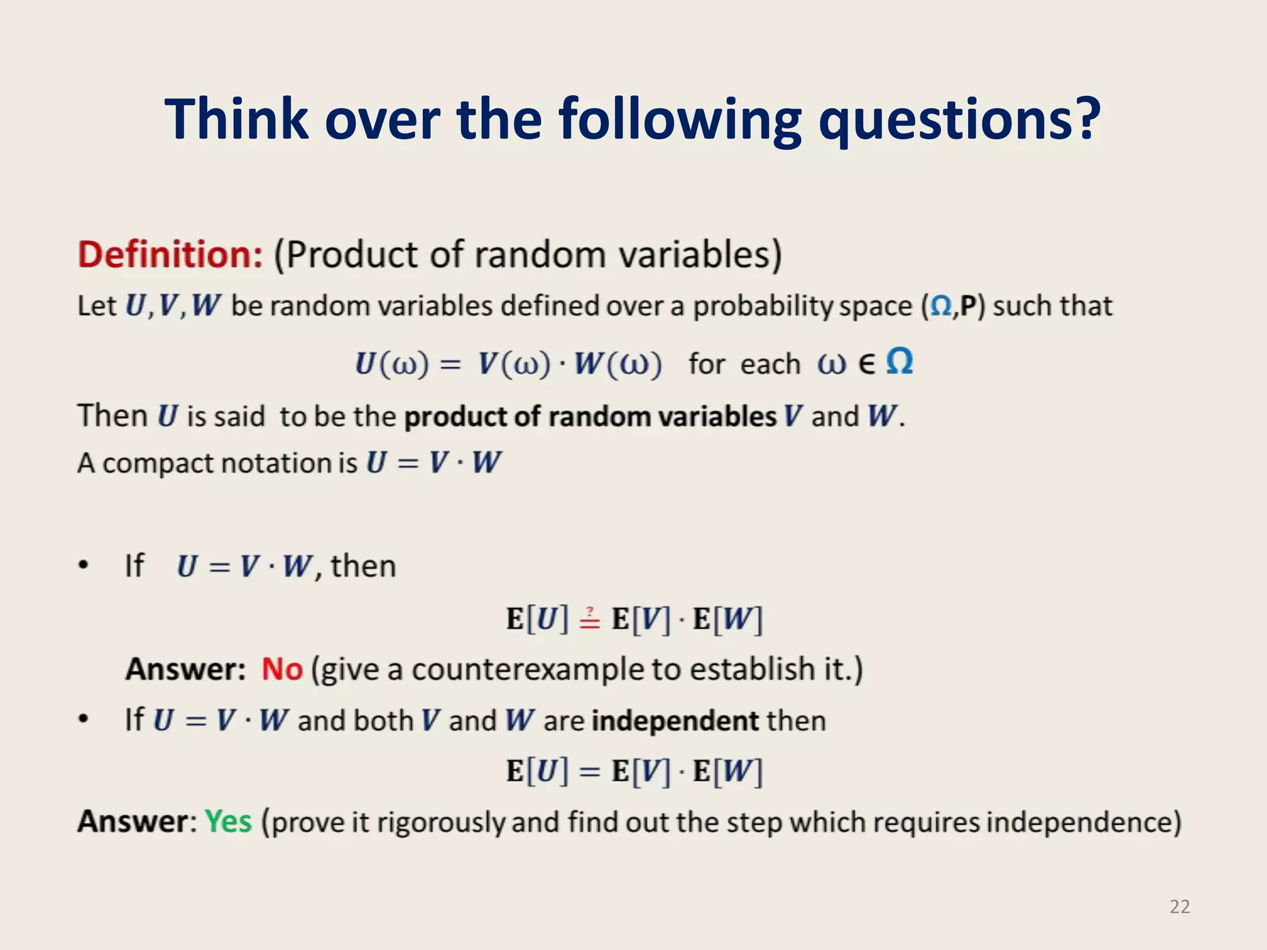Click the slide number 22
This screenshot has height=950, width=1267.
click(x=1179, y=907)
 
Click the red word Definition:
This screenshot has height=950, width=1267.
click(x=171, y=255)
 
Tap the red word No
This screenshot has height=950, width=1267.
click(x=282, y=669)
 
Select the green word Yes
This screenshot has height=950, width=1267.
click(x=228, y=822)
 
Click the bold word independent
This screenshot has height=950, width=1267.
click(x=675, y=721)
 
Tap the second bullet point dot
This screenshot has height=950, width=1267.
click(x=84, y=719)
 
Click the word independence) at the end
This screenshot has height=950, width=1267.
click(x=1083, y=823)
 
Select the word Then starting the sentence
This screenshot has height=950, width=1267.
click(x=113, y=416)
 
